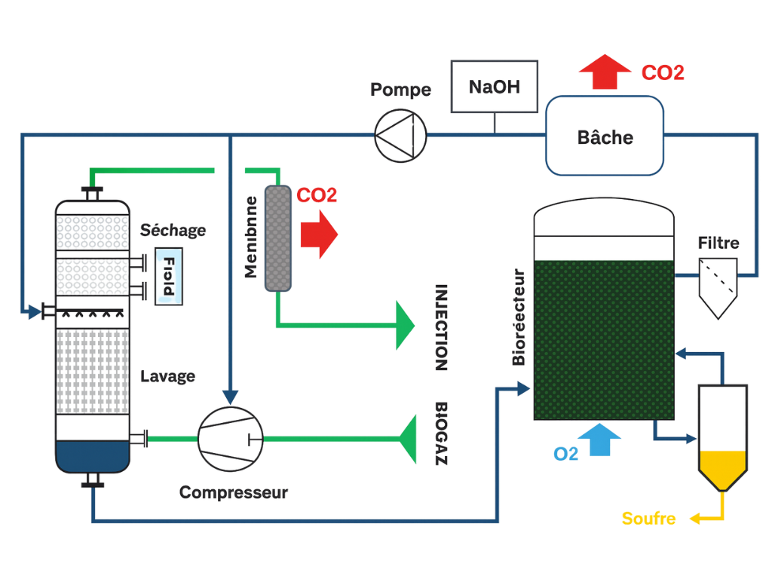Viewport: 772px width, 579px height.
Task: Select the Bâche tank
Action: (x=605, y=136)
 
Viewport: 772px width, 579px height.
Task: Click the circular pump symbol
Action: (x=401, y=135)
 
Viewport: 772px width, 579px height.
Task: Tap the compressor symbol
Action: (x=231, y=436)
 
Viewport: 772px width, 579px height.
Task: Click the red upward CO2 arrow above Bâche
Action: (x=605, y=72)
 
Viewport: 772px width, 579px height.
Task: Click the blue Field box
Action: (x=168, y=277)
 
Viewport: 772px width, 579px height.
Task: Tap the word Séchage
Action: (x=173, y=230)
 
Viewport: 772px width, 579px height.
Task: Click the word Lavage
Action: (x=167, y=376)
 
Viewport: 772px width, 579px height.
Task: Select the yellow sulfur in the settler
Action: (x=723, y=467)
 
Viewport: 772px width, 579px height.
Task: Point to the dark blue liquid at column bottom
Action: (x=92, y=455)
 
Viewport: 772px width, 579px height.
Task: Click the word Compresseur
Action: (x=234, y=493)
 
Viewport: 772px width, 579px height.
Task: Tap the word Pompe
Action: (x=400, y=90)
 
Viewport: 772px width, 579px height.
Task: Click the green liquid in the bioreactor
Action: (x=603, y=339)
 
